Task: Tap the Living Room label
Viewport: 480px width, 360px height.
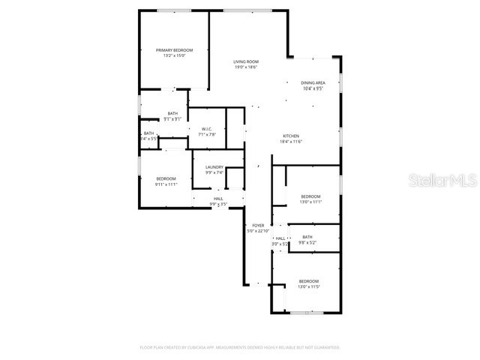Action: pos(245,61)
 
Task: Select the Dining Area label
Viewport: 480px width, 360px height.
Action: pos(313,82)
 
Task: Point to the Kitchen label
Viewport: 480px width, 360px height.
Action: pos(291,136)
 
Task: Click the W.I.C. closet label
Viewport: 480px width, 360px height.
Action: pos(208,129)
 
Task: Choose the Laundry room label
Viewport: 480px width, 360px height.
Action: pos(214,167)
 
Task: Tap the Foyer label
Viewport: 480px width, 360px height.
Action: pos(258,225)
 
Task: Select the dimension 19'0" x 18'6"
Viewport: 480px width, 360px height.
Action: pos(245,67)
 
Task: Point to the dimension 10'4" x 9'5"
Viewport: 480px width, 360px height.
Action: pos(313,88)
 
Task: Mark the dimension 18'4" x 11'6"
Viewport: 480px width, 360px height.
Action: pos(291,142)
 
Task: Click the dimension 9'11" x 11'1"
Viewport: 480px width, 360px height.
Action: pos(166,184)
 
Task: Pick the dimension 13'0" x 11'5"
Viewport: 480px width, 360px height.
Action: pos(309,286)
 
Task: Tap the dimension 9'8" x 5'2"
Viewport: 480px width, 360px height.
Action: pos(307,242)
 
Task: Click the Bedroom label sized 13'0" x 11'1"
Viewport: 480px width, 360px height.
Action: pos(310,196)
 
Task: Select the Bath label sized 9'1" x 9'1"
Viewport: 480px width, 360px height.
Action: pos(173,113)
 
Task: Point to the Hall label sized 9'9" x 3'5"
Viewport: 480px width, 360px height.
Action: pos(218,198)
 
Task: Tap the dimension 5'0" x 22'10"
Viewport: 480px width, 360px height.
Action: pos(258,231)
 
